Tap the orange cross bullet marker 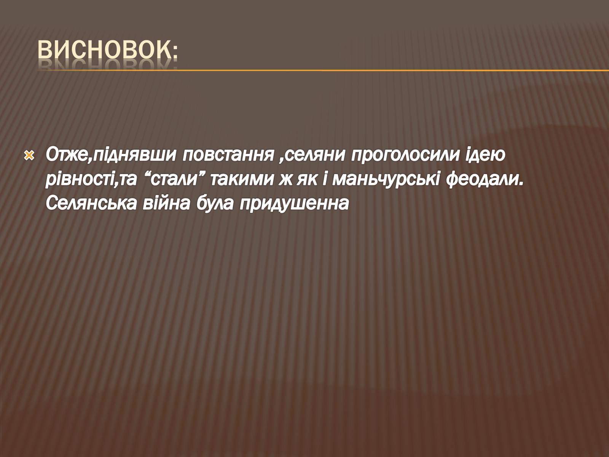(29, 156)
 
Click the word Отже (67, 155)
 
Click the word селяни (315, 155)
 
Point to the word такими (242, 180)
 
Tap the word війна (166, 203)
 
